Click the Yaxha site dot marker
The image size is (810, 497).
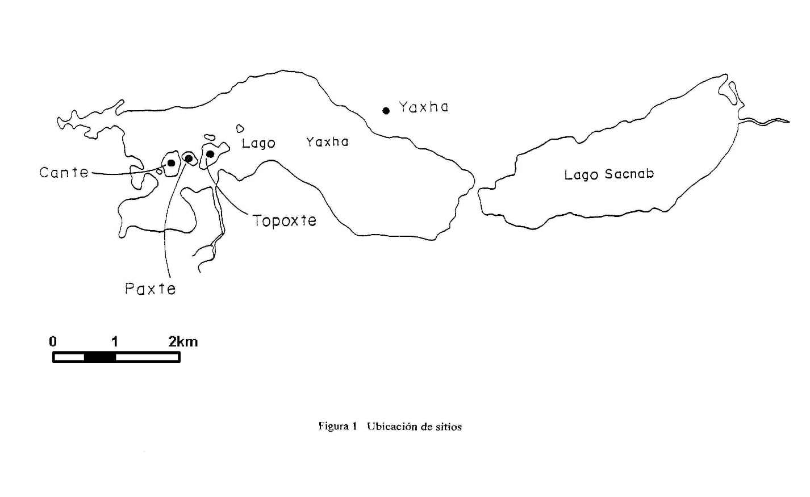pyautogui.click(x=386, y=111)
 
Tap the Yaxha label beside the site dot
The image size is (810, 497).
pyautogui.click(x=423, y=107)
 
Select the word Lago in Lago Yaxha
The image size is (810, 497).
pyautogui.click(x=258, y=144)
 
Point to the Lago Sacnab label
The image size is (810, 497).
pyautogui.click(x=609, y=174)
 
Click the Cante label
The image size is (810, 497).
pyautogui.click(x=64, y=172)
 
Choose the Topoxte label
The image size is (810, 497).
pyautogui.click(x=285, y=220)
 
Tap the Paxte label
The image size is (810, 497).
pyautogui.click(x=151, y=289)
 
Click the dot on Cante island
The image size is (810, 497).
pyautogui.click(x=171, y=163)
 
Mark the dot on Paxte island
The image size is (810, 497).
pyautogui.click(x=189, y=158)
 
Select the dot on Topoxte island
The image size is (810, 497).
pyautogui.click(x=210, y=154)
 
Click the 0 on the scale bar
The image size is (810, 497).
pyautogui.click(x=53, y=341)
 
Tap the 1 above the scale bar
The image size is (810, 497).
pyautogui.click(x=115, y=341)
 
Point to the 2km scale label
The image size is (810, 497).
pyautogui.click(x=183, y=341)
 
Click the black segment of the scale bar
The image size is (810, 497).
pyautogui.click(x=100, y=357)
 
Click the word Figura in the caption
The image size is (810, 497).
pyautogui.click(x=333, y=427)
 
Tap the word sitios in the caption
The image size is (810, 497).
pyautogui.click(x=449, y=427)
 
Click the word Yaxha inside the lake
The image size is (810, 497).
pyautogui.click(x=327, y=142)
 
